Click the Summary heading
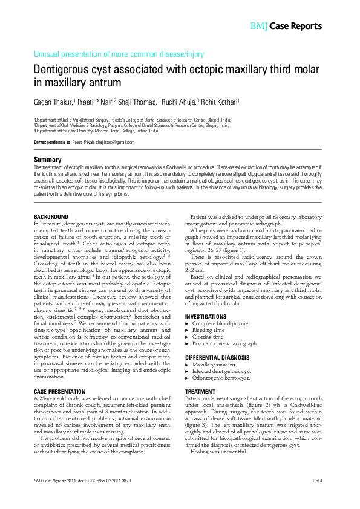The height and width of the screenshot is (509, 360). [47, 160]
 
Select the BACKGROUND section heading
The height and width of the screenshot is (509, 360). [51, 216]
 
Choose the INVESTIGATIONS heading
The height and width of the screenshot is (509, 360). [206, 316]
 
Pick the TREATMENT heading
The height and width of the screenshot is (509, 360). [200, 392]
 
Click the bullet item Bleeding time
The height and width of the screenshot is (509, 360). [208, 330]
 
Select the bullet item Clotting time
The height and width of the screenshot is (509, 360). [208, 337]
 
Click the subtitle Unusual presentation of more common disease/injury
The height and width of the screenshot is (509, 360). [119, 54]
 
